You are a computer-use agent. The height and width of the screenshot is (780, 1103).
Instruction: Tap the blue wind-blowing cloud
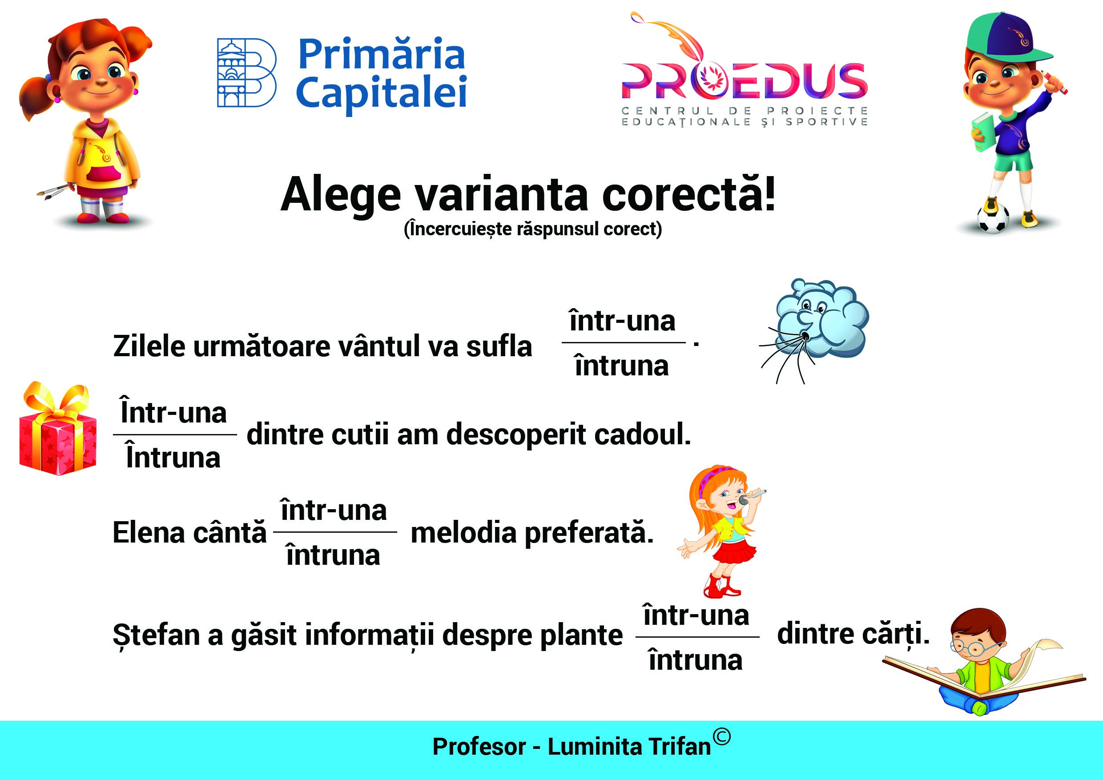click(x=822, y=319)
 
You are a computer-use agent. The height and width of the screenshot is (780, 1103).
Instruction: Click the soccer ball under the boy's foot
click(x=993, y=218)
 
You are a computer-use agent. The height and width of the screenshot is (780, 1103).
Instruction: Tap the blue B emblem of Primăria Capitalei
click(x=246, y=72)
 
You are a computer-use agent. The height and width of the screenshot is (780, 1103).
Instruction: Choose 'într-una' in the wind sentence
click(x=622, y=321)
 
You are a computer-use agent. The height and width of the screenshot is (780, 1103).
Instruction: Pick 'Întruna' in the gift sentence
click(x=173, y=456)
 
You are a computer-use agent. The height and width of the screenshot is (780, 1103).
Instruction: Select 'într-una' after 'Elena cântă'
click(x=334, y=510)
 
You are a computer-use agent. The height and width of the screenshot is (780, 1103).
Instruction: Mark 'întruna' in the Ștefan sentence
click(x=696, y=659)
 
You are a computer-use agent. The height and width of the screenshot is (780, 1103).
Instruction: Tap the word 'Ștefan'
click(x=156, y=635)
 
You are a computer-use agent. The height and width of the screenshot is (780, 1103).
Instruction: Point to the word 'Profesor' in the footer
click(x=479, y=747)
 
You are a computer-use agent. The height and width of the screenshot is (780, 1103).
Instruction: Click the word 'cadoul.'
click(x=642, y=434)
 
